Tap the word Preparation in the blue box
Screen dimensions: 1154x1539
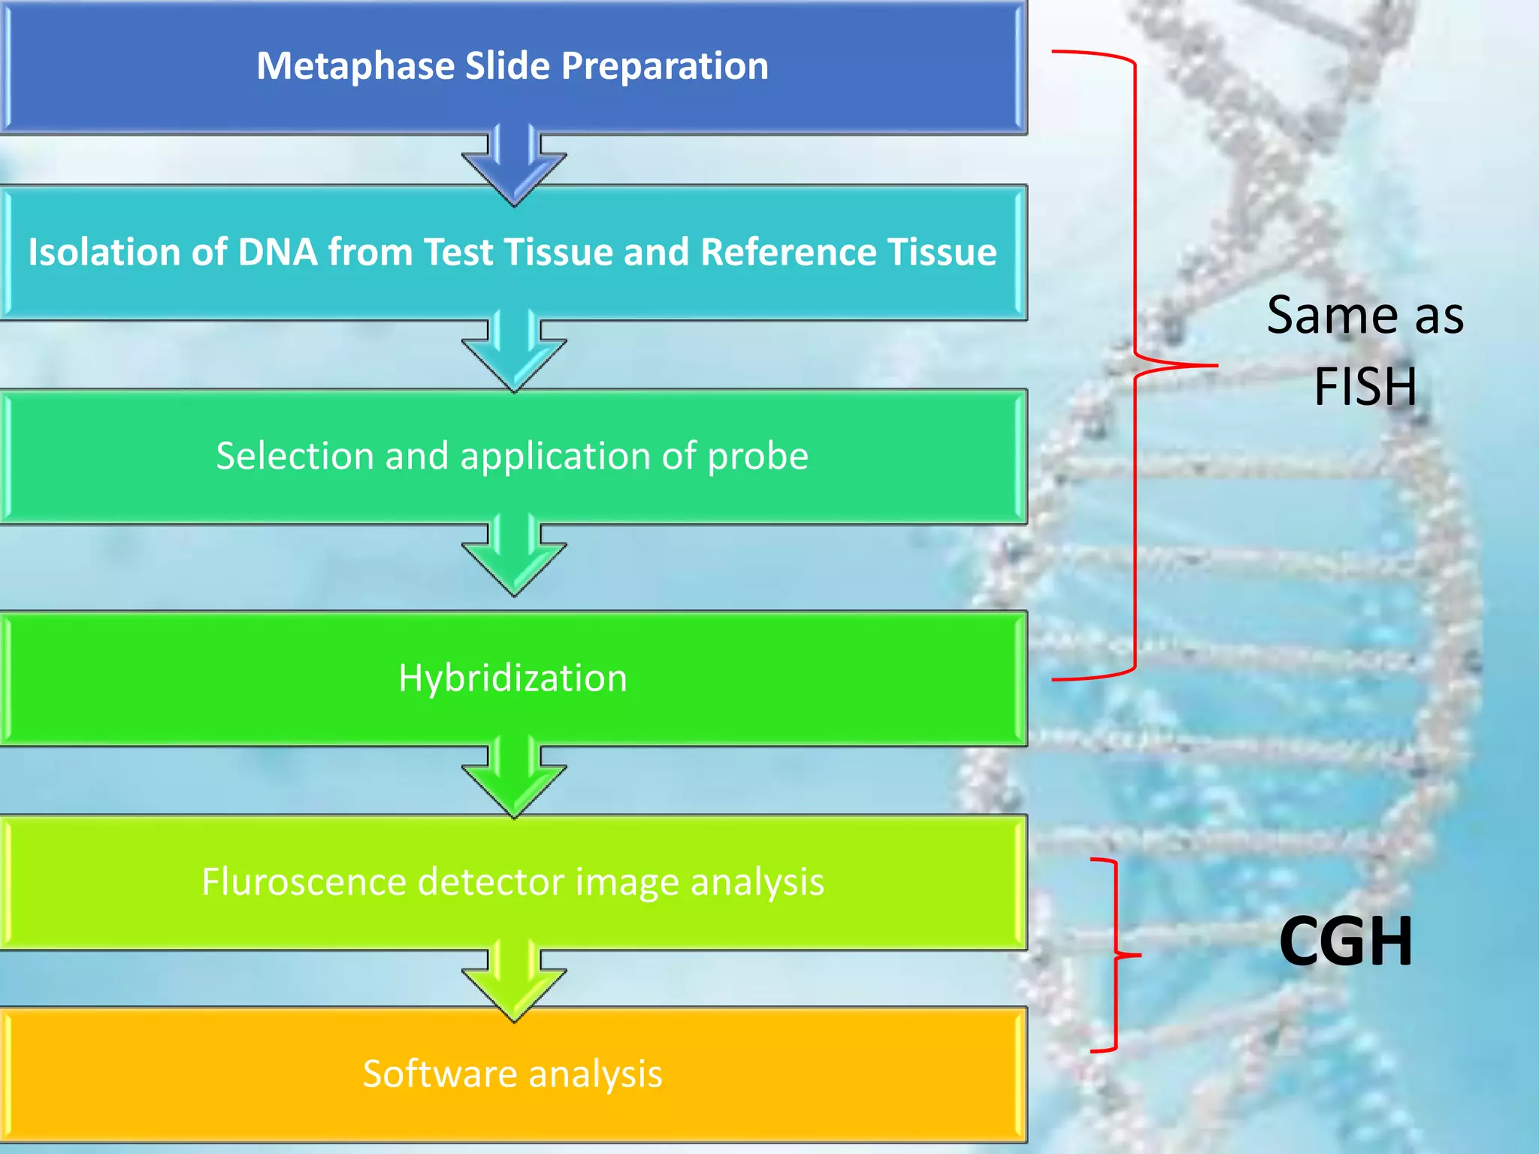tap(665, 66)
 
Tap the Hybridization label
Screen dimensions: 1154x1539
tap(512, 678)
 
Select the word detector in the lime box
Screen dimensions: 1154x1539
tap(491, 881)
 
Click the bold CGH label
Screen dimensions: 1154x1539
tap(1345, 941)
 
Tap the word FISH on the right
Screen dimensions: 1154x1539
tap(1365, 386)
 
